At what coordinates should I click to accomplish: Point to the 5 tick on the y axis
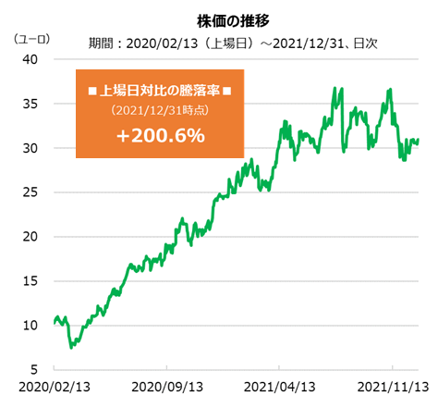[x=33, y=369]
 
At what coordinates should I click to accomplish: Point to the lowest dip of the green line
[x=71, y=347]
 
